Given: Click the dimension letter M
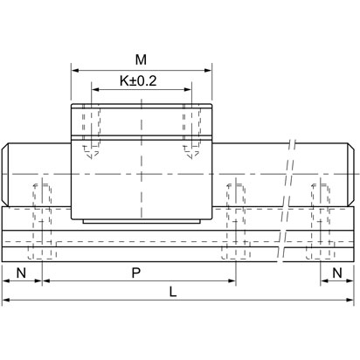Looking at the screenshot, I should (141, 59).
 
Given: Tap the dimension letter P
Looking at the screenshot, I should (136, 273).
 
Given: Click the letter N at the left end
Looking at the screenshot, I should (21, 273).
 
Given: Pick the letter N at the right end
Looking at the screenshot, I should (337, 273).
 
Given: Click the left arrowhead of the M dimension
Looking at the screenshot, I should (73, 70).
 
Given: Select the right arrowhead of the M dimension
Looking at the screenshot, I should (209, 70).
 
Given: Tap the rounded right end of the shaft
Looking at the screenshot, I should (352, 170).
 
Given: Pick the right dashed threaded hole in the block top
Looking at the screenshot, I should (190, 131).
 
